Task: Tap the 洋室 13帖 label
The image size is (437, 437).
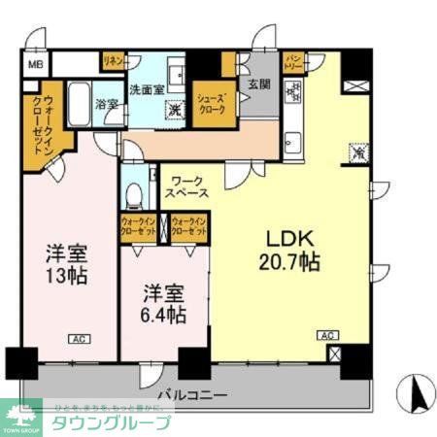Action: coord(67,263)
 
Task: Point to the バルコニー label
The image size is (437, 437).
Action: coord(195,396)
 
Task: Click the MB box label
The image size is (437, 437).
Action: coord(35,65)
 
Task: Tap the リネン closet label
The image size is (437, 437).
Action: coord(114,61)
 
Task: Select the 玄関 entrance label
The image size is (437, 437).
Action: coord(258,84)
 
